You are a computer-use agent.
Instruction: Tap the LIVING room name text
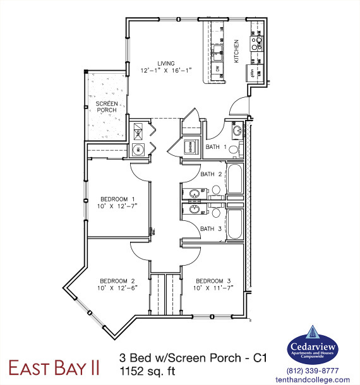tap(165, 63)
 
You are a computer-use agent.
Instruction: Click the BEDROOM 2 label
tap(118, 281)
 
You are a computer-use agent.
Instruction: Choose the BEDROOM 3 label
tap(213, 281)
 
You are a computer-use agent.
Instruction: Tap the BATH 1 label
tap(216, 147)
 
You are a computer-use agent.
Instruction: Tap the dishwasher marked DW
tap(217, 68)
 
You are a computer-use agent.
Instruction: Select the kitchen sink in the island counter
tap(217, 49)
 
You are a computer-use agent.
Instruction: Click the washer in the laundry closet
tap(138, 150)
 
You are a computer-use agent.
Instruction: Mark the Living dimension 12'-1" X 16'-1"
tap(165, 71)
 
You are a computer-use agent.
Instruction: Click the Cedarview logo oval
tap(313, 347)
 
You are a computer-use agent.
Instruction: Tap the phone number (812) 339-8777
tap(313, 370)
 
